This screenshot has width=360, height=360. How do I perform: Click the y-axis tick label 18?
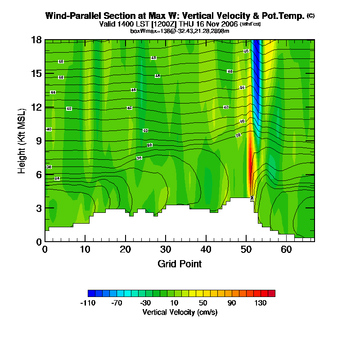[36, 40]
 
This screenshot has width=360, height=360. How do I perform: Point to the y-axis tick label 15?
[36, 73]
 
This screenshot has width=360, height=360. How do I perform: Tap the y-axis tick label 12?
[36, 107]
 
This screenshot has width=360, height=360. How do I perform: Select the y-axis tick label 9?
[39, 141]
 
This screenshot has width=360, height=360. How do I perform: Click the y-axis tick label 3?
[39, 208]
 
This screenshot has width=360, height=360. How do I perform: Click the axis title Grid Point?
[180, 264]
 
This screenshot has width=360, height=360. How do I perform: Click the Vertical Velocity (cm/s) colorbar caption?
[180, 312]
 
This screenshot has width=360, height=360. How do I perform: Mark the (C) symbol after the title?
[310, 16]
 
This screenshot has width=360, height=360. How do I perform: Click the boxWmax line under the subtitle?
[180, 31]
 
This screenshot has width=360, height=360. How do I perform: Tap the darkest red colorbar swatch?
[271, 293]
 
